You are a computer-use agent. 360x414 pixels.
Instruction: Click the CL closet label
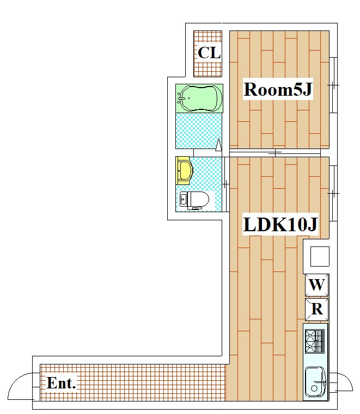point(209,53)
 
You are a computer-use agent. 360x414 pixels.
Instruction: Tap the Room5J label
point(278,89)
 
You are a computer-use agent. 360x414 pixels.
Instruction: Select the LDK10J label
point(280,225)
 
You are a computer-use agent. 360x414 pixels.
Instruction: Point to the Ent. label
point(62,383)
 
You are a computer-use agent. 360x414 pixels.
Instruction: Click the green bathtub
point(199,98)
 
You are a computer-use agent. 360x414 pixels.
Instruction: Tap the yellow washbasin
point(183,171)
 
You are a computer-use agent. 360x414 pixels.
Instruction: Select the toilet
point(194,200)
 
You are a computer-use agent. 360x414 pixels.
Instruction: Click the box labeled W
point(317,285)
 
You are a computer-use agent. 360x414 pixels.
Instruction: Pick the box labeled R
point(317,309)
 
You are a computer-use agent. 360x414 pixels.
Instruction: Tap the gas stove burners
point(315,341)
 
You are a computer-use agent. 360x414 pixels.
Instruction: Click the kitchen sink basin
point(315,382)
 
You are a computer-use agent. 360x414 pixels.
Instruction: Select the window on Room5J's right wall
point(333,85)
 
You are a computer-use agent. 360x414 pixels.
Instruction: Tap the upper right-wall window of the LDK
point(333,193)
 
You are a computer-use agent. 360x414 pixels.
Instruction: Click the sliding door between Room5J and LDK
point(275,153)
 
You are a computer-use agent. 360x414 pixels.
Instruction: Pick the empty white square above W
point(320,256)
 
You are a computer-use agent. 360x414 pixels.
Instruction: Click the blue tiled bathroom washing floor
point(199,131)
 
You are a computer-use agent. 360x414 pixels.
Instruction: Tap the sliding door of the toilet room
point(225,184)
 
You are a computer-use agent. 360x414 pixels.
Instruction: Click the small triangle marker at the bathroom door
point(218,145)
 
